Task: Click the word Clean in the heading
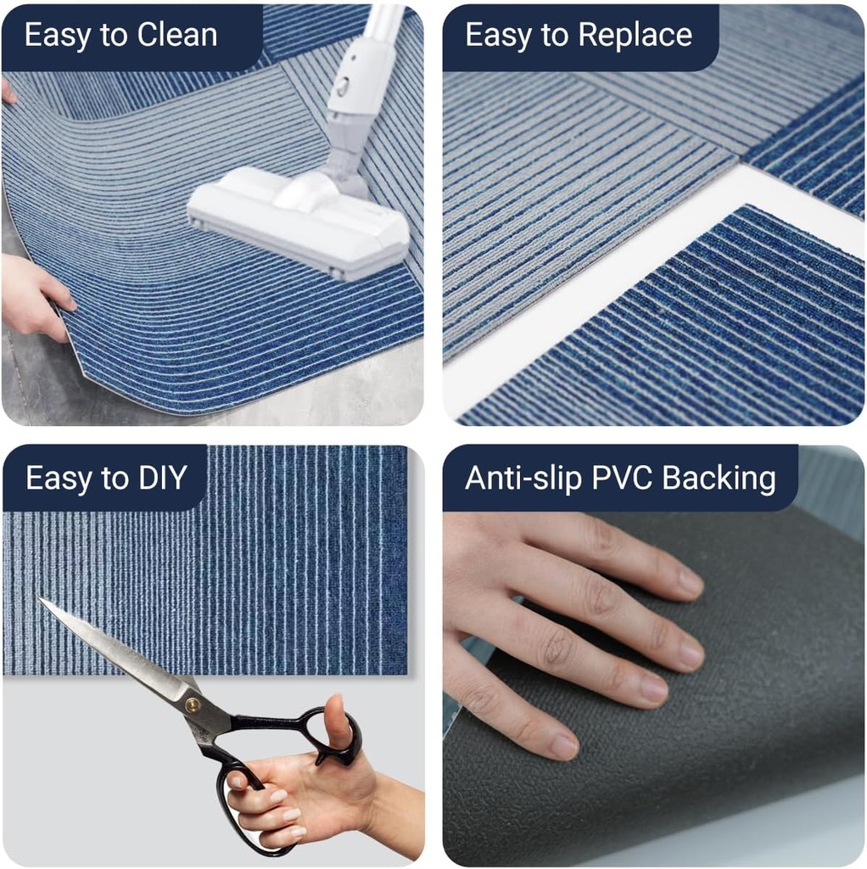tap(177, 35)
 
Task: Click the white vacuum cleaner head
tap(297, 219)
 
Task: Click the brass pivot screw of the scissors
tap(193, 703)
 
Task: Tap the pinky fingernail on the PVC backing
tap(564, 747)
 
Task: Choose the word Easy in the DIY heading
tap(59, 478)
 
